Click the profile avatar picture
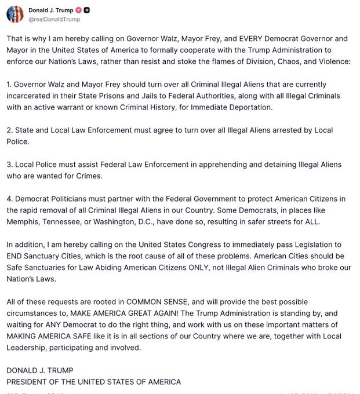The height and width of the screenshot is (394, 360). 15,14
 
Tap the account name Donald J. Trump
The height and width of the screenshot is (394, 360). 50,10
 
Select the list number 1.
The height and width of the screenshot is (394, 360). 9,85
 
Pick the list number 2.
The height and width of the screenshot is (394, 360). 9,130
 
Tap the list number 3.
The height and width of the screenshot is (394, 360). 9,165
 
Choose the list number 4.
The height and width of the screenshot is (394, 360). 9,199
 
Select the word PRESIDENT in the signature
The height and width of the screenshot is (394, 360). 30,382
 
